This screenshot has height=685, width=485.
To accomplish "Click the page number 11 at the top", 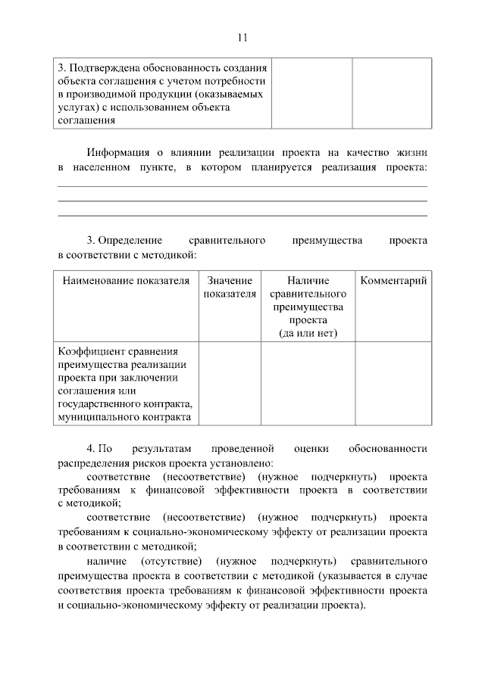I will point(242,37).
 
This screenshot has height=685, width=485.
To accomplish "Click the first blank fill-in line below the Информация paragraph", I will point(242,186).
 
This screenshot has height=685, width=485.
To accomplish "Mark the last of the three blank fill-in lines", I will point(242,216).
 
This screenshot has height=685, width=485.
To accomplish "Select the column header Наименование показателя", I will point(126,281).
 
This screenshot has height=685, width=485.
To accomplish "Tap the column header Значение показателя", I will point(230,287).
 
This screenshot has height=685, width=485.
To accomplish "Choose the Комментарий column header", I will point(393,281).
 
